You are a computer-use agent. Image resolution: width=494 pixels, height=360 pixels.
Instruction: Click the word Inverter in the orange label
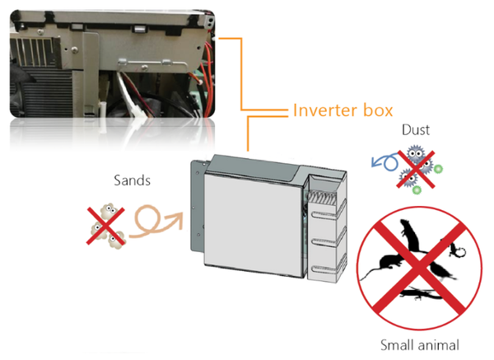tap(325, 110)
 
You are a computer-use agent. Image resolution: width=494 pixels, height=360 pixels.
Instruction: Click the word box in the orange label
tap(378, 110)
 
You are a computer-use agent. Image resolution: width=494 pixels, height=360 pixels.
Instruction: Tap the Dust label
tap(416, 130)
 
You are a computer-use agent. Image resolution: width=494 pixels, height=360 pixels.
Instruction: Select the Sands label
tap(132, 180)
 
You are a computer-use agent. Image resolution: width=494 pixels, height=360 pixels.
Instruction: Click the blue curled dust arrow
tap(386, 161)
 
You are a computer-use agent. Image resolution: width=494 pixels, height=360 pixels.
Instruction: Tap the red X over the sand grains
tap(105, 226)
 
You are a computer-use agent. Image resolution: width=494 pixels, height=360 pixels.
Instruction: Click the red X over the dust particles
tap(416, 170)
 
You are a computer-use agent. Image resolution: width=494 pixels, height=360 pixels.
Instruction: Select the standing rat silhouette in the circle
tap(409, 235)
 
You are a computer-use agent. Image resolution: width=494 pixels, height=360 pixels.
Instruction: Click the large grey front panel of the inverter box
tap(254, 226)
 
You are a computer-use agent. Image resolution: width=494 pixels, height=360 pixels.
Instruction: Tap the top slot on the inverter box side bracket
tap(325, 215)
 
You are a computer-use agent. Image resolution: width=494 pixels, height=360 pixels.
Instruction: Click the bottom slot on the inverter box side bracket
tap(325, 270)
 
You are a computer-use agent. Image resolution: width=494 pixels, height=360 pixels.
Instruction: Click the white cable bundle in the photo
tap(128, 95)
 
